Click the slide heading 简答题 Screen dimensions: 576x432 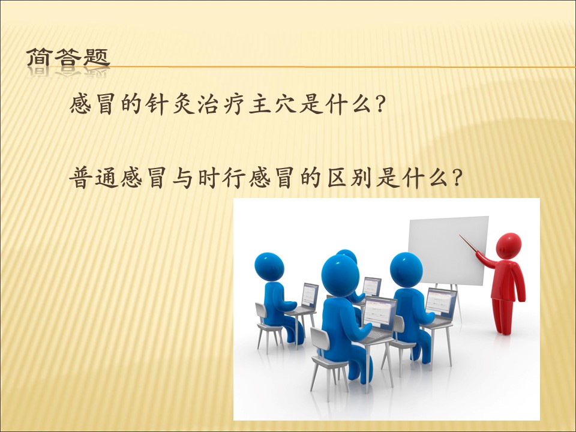tap(68, 58)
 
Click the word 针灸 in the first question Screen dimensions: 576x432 tap(170, 104)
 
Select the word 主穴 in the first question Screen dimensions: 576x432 tap(272, 104)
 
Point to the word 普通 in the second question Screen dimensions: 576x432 tap(94, 178)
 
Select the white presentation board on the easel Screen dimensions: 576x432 tap(449, 251)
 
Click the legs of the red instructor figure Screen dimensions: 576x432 tap(502, 316)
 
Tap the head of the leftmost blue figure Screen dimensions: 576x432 tap(269, 266)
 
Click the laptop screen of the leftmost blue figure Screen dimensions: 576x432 tap(310, 295)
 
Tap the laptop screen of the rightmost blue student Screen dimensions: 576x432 tap(441, 301)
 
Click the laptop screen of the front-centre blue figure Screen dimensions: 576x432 tap(380, 311)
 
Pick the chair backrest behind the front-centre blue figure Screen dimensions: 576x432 tap(320, 338)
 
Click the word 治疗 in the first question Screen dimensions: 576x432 tap(221, 104)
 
